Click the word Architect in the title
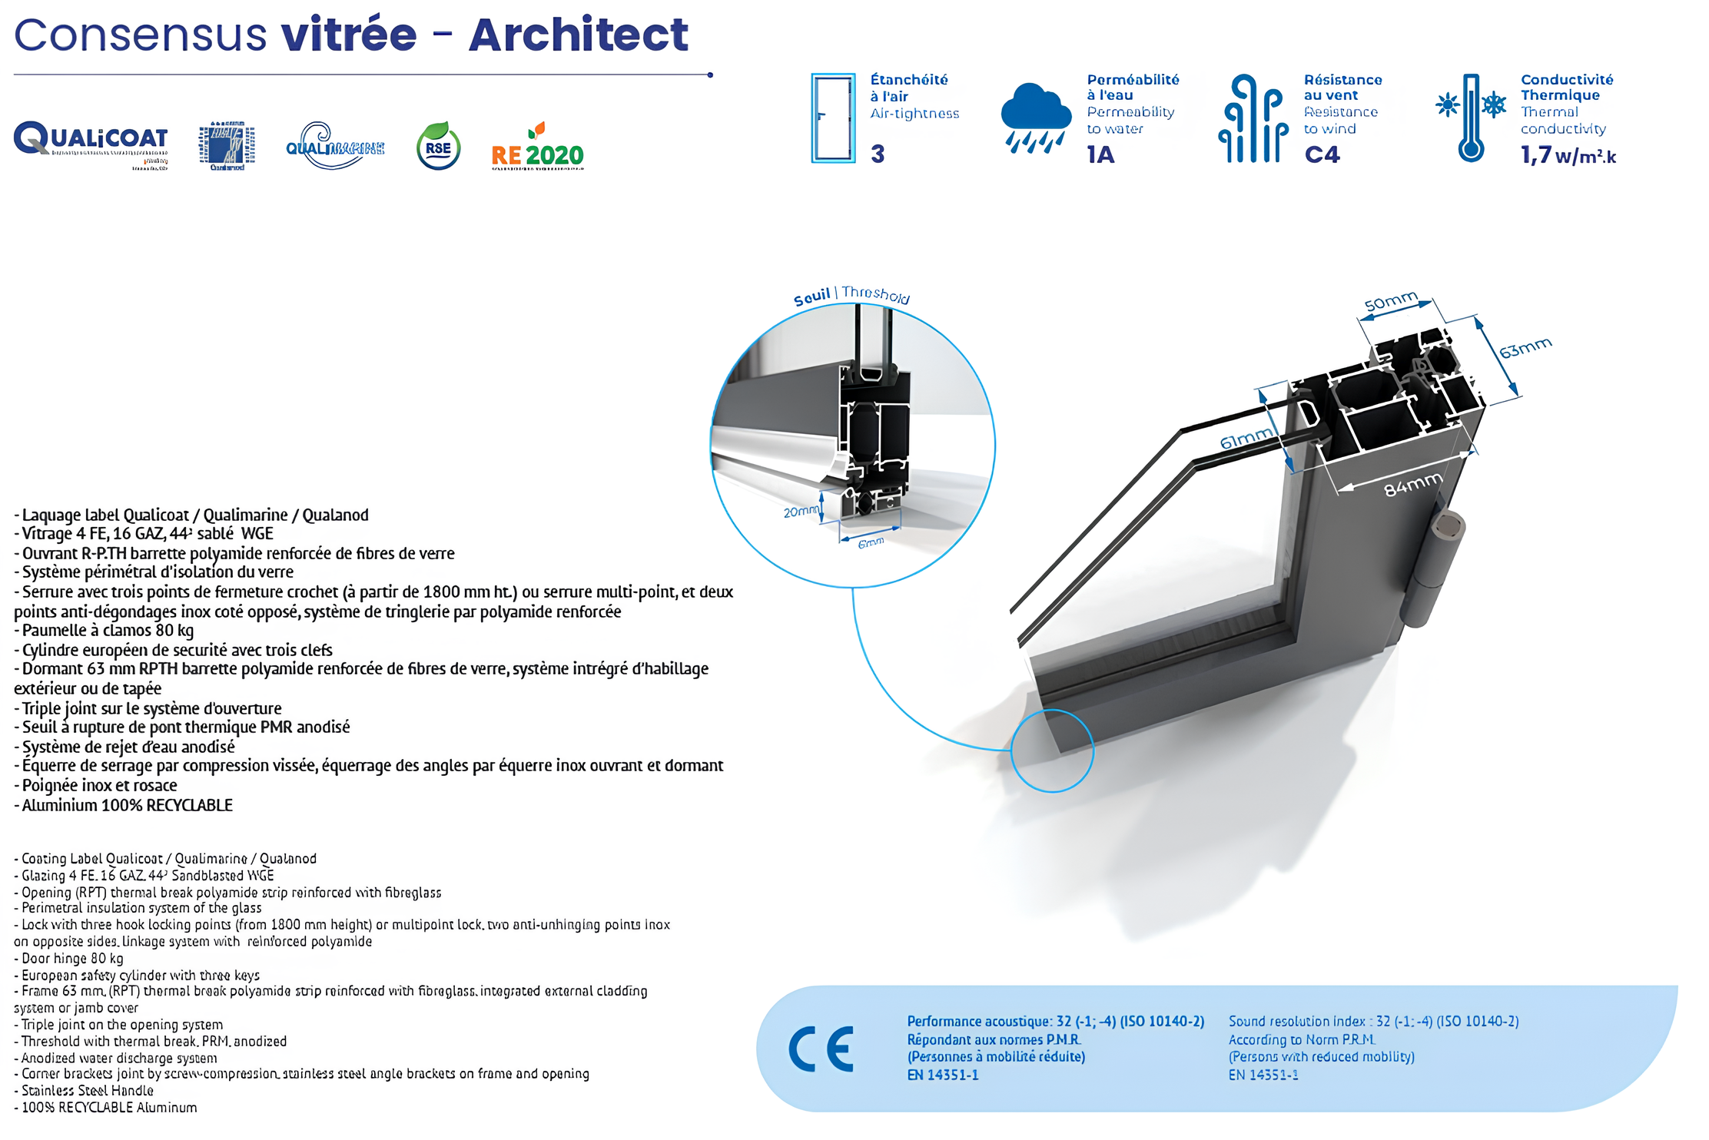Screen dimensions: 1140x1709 coord(578,35)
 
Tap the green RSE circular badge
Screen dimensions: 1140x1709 coord(438,147)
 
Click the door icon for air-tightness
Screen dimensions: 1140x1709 coord(833,118)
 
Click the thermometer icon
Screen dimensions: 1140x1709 coord(1471,118)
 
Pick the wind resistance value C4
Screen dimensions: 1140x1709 coord(1322,155)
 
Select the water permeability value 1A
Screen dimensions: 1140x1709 coord(1100,155)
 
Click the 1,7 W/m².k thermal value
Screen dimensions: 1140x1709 coord(1568,156)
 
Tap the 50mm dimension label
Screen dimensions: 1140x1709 coord(1390,302)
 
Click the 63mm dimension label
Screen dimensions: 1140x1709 coord(1525,348)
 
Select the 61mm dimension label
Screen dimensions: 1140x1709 coord(1246,439)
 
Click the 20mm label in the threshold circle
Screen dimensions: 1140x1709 coord(801,512)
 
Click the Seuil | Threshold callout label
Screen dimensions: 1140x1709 coord(851,296)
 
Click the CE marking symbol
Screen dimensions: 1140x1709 coord(821,1049)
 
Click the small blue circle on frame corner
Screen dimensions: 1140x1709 coord(1052,751)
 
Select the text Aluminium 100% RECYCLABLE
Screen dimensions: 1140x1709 coord(127,805)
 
